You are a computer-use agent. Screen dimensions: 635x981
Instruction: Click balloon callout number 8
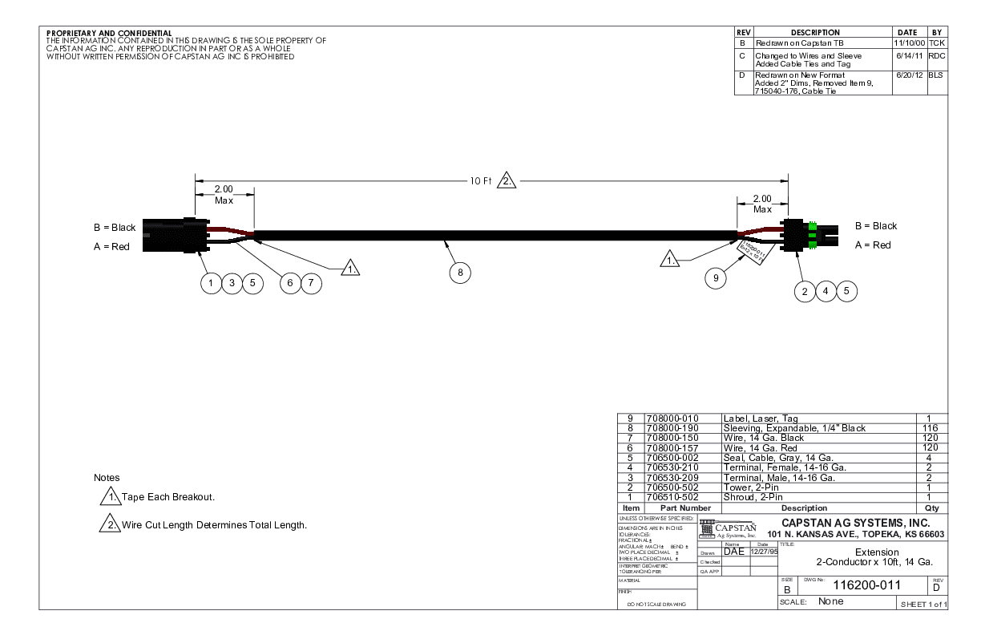tap(460, 273)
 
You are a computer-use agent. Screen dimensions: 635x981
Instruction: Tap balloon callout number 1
tap(211, 283)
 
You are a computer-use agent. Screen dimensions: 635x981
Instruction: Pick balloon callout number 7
tap(310, 283)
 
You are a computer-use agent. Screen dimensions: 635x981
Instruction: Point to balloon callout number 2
tap(805, 291)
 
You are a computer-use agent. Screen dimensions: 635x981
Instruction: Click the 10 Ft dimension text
tap(480, 180)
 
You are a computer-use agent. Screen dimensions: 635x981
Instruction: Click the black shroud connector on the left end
tap(170, 236)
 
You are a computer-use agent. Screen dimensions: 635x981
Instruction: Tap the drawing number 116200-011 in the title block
tap(862, 586)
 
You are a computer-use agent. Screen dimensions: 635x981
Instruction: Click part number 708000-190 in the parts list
tap(672, 428)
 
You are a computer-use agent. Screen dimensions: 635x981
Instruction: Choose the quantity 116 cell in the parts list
tap(931, 428)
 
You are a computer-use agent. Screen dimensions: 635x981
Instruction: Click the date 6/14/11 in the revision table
tap(908, 56)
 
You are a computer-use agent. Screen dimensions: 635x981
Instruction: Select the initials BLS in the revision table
tap(936, 75)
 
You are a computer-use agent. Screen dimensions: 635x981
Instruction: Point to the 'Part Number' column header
tap(685, 508)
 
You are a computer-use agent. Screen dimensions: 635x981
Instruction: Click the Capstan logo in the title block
tap(728, 530)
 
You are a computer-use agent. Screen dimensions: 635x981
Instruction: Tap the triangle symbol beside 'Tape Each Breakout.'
tap(110, 497)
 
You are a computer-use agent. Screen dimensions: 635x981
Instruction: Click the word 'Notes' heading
tap(107, 478)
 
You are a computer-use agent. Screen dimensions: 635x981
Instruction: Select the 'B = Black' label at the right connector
tap(876, 226)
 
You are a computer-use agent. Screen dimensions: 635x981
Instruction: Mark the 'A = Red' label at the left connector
tap(111, 247)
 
